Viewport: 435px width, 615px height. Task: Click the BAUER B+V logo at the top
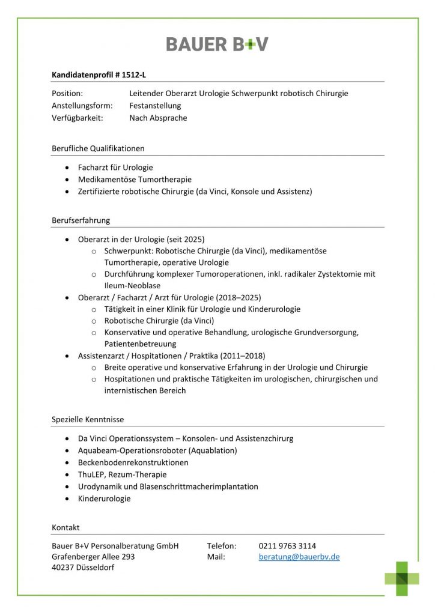click(217, 44)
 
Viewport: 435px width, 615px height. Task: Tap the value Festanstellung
click(155, 106)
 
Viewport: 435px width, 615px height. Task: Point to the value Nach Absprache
click(158, 118)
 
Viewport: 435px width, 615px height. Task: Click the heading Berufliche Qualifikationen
click(98, 148)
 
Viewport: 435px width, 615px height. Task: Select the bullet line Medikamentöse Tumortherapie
click(135, 180)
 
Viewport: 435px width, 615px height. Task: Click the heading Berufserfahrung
click(81, 220)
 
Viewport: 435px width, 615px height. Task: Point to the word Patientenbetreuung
click(140, 344)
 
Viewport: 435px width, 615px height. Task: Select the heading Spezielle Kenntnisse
click(88, 419)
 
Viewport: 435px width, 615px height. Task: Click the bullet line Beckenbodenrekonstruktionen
click(133, 462)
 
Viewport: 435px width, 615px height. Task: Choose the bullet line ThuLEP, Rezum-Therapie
click(122, 474)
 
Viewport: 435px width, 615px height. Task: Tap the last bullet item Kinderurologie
click(104, 498)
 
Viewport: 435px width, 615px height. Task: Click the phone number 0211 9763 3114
click(287, 546)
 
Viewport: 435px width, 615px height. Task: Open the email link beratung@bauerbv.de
click(299, 557)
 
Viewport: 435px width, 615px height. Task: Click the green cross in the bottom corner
click(402, 578)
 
